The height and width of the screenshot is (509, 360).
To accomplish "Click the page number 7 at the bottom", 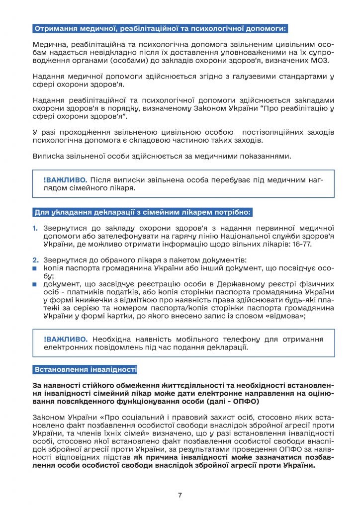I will [x=180, y=495].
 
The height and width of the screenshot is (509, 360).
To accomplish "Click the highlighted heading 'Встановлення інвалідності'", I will [x=85, y=370].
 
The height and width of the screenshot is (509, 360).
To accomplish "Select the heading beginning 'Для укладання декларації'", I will [x=143, y=212].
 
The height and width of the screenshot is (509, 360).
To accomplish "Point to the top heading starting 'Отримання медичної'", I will [x=159, y=28].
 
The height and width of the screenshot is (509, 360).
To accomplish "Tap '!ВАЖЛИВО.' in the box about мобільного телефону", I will [x=66, y=339].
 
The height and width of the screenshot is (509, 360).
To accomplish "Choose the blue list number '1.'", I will [x=35, y=228].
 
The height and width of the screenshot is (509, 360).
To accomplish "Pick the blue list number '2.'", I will [x=35, y=260].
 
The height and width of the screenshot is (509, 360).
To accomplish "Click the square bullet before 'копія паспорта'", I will [x=35, y=268].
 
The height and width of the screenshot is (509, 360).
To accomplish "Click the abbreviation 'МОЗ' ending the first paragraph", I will [x=325, y=60].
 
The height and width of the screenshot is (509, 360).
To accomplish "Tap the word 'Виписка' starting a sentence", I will [x=47, y=156].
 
